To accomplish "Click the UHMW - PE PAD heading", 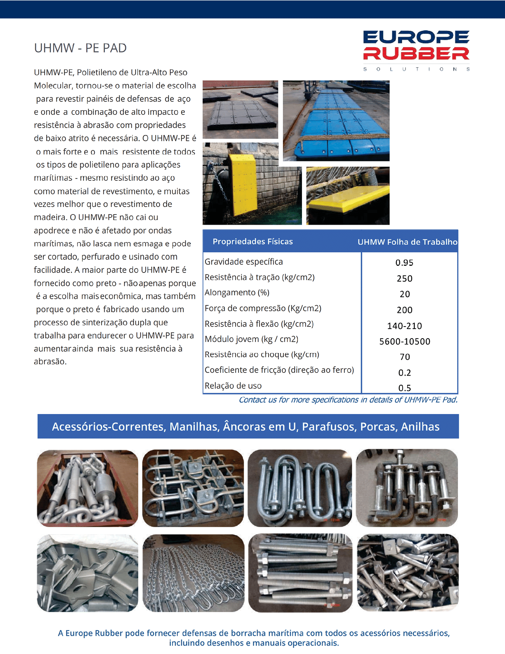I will click(80, 48).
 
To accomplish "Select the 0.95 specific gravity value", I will click(404, 263).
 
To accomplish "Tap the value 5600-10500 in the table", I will click(404, 341).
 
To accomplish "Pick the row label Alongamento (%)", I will click(237, 293).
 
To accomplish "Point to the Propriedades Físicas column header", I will click(252, 242).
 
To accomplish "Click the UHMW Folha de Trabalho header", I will click(407, 242).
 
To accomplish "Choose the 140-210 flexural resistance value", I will click(404, 326).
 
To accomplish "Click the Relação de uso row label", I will click(233, 386).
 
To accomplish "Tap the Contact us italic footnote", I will click(348, 400).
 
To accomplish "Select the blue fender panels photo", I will click(336, 121).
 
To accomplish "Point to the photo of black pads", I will click(240, 109).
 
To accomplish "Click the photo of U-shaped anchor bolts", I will click(300, 488).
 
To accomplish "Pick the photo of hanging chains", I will click(194, 573).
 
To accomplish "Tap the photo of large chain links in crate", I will click(87, 488).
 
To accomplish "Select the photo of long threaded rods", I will click(300, 573).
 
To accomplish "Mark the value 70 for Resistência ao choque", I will click(405, 357).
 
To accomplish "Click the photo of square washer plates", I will click(87, 573).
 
